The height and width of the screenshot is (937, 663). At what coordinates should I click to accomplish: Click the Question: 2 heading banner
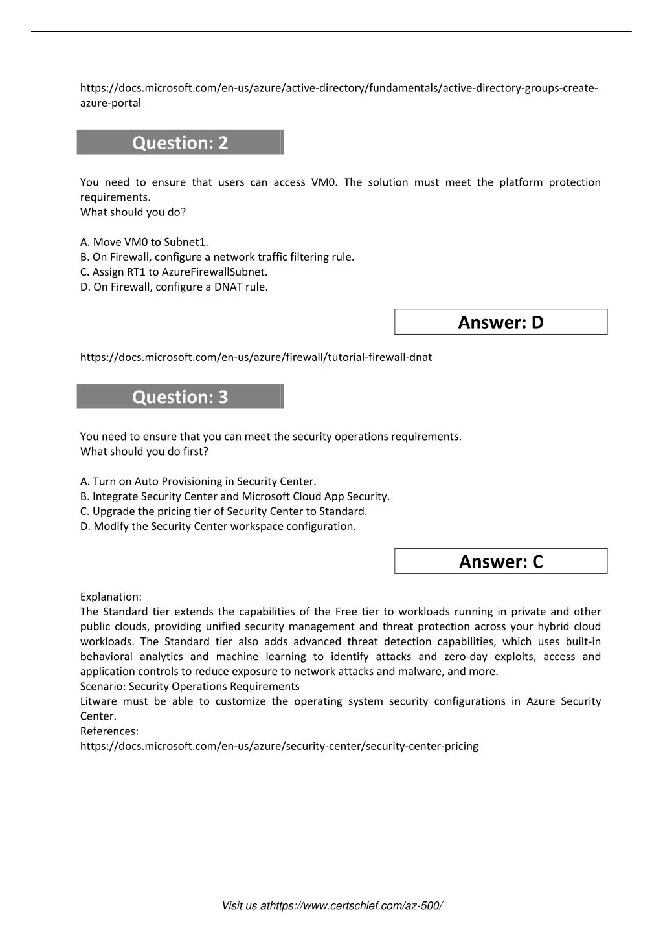point(180,142)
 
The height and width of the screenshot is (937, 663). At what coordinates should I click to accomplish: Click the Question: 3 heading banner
point(180,397)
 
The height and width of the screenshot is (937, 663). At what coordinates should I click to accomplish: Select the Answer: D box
point(500,322)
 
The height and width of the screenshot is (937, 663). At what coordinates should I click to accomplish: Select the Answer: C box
point(500,561)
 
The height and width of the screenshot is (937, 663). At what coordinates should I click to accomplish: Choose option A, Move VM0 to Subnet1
point(144,242)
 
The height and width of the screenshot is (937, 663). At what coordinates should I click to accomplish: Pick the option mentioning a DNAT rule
point(174,287)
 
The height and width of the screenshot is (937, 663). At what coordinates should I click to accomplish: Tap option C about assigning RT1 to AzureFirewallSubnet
point(174,272)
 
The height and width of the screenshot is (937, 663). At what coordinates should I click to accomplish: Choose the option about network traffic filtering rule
point(217,257)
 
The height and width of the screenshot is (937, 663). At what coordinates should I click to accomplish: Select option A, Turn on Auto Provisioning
point(198,481)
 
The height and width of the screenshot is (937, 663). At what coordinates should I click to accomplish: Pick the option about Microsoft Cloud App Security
point(235,496)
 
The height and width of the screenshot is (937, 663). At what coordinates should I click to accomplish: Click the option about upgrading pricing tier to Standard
point(223,511)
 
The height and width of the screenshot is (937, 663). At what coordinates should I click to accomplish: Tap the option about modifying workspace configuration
point(218,526)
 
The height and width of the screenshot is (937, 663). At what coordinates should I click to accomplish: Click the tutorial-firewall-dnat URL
point(256,357)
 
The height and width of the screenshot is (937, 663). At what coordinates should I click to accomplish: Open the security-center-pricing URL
point(279,746)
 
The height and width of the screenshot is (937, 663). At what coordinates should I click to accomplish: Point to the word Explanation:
point(111,597)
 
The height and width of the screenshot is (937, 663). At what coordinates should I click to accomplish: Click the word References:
point(109,731)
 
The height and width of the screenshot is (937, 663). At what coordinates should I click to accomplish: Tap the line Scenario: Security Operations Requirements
point(190,687)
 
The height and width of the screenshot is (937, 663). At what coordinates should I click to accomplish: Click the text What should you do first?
point(144,452)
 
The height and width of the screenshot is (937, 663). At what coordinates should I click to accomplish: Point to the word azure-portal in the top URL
point(111,103)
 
